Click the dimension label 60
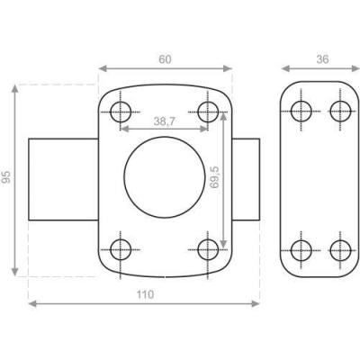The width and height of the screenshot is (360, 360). point(165,59)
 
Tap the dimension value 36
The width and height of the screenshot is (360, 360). point(322,59)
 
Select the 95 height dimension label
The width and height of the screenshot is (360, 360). point(6,177)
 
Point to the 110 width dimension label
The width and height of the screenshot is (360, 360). point(145,294)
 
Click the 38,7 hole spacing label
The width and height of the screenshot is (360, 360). point(165,121)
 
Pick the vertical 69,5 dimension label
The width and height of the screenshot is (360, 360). point(215,177)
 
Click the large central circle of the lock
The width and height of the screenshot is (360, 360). point(124,177)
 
